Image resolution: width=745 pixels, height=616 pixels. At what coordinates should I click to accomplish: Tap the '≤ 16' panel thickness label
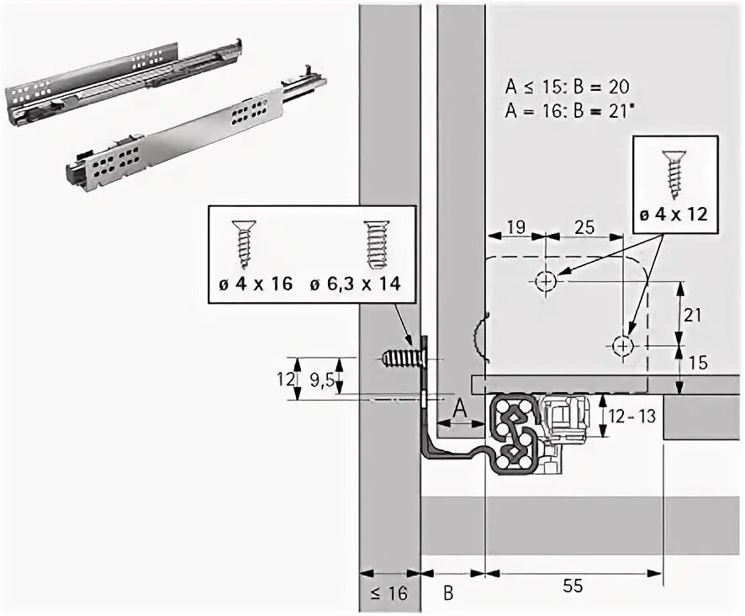(x=388, y=592)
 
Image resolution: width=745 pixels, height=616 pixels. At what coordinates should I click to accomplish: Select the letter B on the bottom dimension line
(x=448, y=592)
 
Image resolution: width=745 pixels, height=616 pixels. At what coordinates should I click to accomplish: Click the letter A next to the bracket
(x=459, y=408)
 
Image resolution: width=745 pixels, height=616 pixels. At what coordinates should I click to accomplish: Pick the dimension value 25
(x=586, y=226)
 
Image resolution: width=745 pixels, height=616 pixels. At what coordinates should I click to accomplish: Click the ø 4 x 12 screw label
(x=672, y=214)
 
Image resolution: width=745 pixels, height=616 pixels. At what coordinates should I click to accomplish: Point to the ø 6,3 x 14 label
(x=353, y=284)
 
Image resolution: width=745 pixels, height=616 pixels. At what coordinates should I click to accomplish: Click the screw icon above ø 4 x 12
(x=673, y=173)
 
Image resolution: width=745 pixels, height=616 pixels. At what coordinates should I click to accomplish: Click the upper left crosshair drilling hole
(x=545, y=280)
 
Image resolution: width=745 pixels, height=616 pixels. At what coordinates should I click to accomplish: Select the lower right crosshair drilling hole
(x=622, y=345)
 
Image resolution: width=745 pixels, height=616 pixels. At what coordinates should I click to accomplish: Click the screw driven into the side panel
(x=402, y=358)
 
